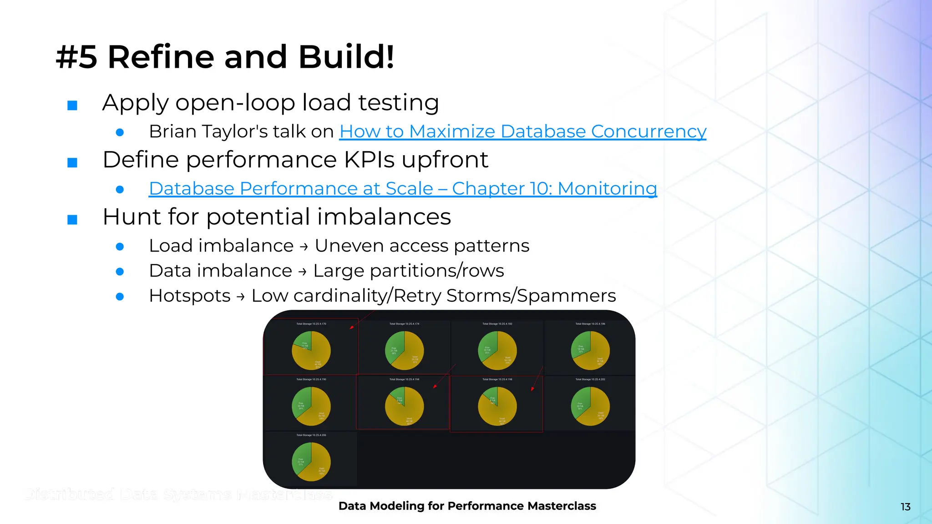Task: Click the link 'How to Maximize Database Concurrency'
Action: tap(522, 131)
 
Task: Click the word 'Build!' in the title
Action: tap(346, 57)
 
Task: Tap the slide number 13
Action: tap(905, 507)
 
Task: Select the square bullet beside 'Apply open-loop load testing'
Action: tap(72, 106)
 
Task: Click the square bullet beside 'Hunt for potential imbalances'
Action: tap(72, 220)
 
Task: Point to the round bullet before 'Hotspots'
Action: tap(120, 297)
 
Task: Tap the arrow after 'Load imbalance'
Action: tap(304, 247)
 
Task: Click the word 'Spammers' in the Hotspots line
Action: tap(566, 296)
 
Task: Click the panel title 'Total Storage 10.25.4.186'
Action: tap(590, 324)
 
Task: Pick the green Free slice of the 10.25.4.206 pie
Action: tap(303, 458)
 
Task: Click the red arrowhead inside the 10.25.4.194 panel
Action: tap(435, 386)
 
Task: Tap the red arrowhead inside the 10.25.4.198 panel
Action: tap(532, 389)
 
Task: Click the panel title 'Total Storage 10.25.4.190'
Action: tap(311, 379)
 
